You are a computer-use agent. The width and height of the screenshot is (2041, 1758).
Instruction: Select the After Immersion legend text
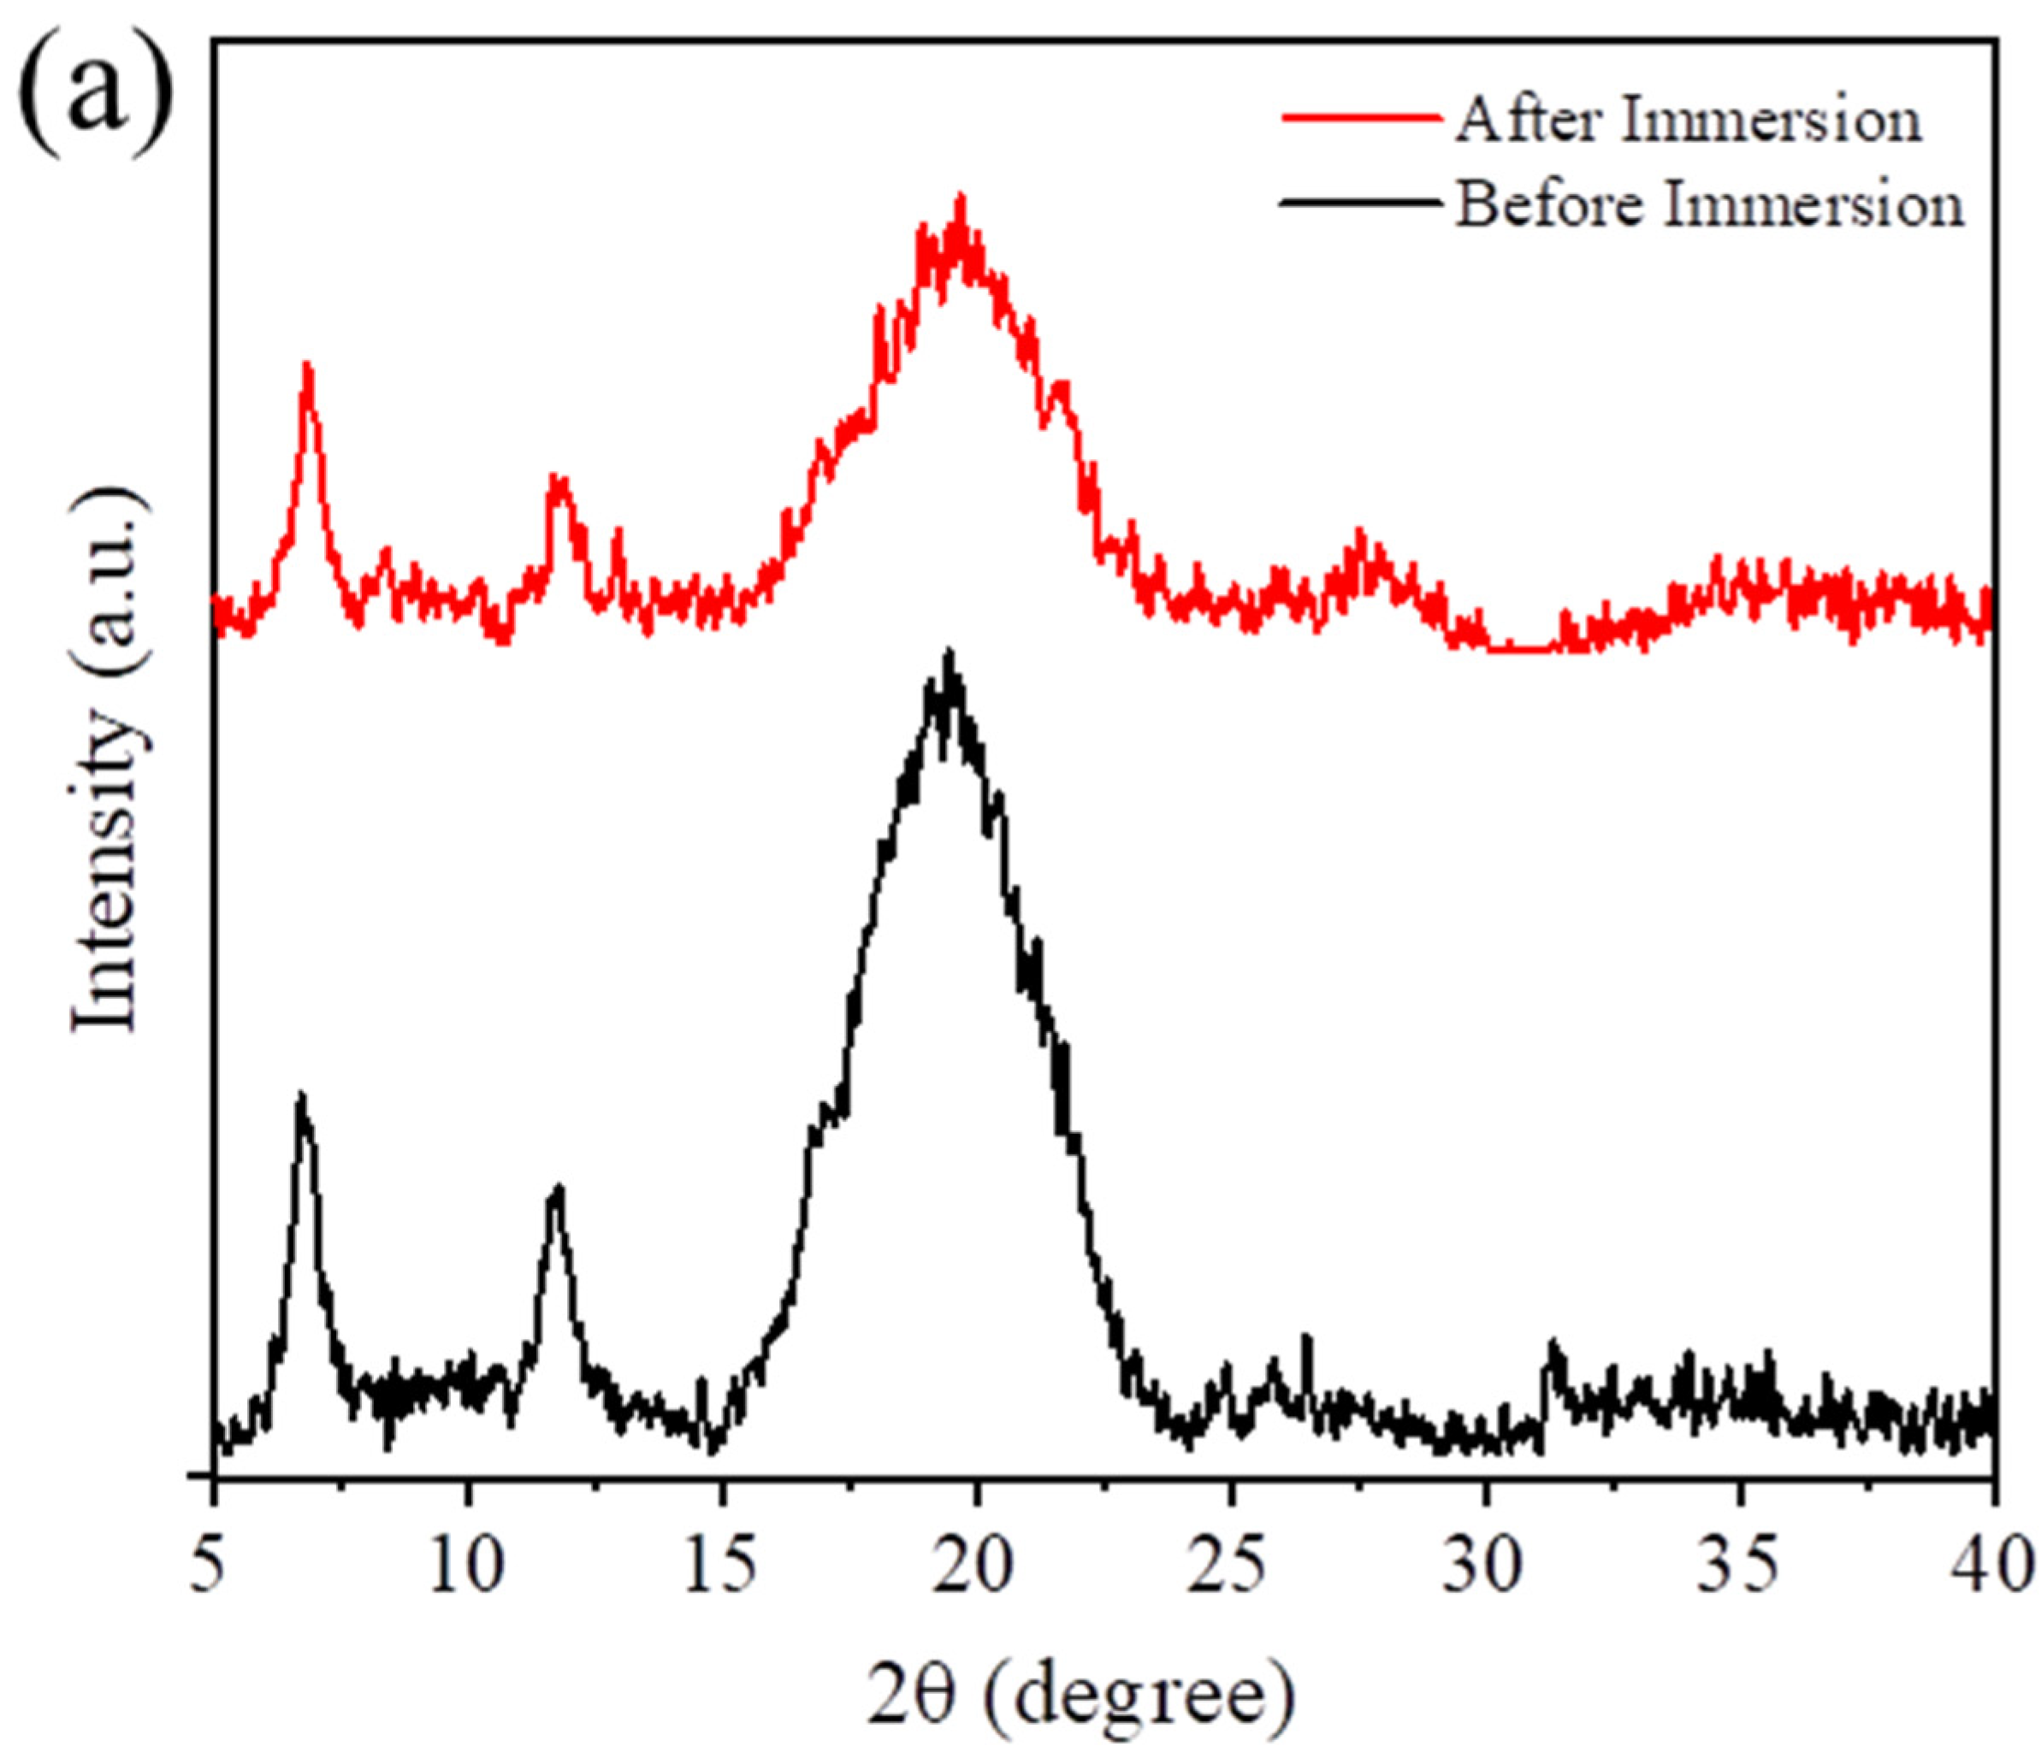(x=1689, y=121)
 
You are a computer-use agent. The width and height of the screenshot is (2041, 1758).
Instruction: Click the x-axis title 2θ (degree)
(x=1081, y=1694)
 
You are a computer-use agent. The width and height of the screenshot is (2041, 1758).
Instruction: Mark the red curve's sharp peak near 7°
(x=308, y=366)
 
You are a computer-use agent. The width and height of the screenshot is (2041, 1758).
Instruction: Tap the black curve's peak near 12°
(x=559, y=1189)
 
